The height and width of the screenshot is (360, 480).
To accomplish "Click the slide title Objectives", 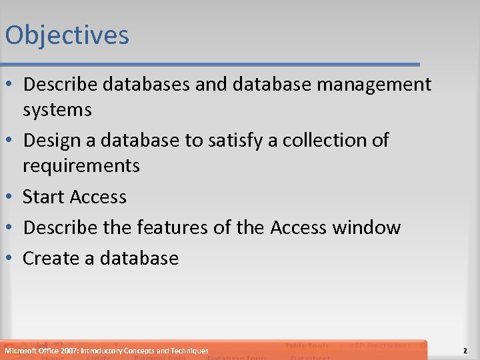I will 67,35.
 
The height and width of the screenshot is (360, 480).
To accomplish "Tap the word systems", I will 57,109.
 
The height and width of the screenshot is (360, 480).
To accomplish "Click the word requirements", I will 81,165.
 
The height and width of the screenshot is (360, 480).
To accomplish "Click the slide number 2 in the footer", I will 465,351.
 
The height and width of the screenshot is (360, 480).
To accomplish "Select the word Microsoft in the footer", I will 21,351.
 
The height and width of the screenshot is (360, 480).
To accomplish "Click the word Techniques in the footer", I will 189,351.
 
